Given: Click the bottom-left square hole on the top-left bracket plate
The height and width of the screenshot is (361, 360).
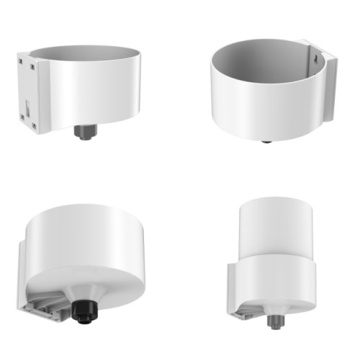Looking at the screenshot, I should click(33, 125).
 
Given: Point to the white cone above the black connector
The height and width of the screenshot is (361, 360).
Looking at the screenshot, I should click(85, 285).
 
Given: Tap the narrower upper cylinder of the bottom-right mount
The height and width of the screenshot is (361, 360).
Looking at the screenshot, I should click(276, 223).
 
